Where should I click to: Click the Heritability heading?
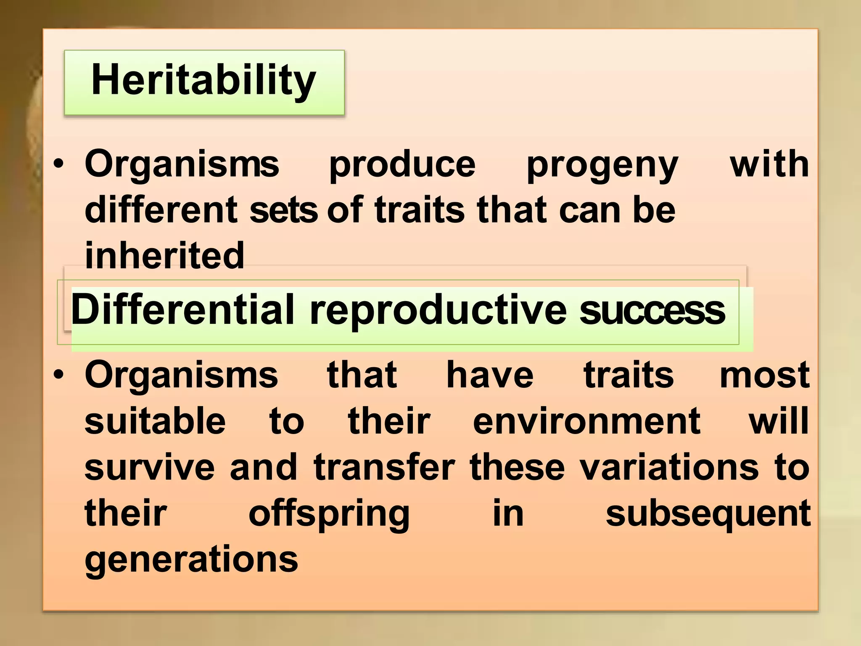[203, 81]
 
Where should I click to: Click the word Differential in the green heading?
[183, 310]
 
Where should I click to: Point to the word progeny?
[602, 165]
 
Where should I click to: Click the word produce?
[402, 165]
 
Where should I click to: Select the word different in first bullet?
[161, 210]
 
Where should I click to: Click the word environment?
[586, 421]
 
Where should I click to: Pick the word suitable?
[155, 421]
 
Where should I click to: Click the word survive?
[150, 467]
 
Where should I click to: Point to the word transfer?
[384, 467]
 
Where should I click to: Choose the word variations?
[669, 467]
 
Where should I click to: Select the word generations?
[191, 561]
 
